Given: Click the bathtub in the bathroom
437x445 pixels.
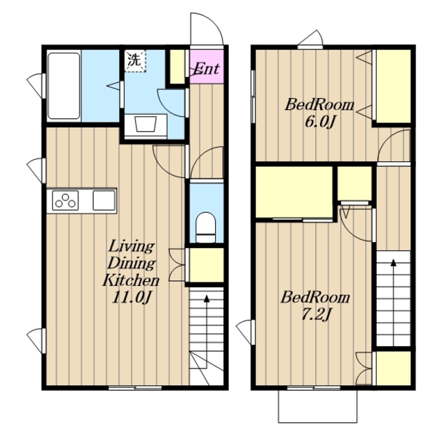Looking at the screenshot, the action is (x=64, y=86).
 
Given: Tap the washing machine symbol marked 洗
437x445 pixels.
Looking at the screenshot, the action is (x=135, y=60).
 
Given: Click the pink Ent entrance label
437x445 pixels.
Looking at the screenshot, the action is (x=207, y=68).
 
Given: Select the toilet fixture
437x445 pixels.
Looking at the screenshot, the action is (x=206, y=227).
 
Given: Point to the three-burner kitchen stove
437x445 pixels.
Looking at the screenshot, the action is (x=65, y=200).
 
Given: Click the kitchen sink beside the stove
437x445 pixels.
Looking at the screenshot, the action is (x=104, y=200).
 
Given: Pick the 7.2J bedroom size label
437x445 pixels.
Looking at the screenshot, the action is (x=316, y=315).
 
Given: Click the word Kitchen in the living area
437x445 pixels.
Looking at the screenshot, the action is (x=131, y=280).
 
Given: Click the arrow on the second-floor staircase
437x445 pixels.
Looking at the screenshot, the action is (x=394, y=302).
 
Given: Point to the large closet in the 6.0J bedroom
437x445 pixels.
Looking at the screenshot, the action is (x=394, y=86).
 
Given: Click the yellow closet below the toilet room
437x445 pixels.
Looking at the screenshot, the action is (x=207, y=266).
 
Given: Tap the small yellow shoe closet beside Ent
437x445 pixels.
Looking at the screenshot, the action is (x=177, y=67).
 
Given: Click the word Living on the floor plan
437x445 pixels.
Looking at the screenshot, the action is (x=132, y=246).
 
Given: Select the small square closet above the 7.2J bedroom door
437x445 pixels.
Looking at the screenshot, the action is (x=355, y=184).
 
